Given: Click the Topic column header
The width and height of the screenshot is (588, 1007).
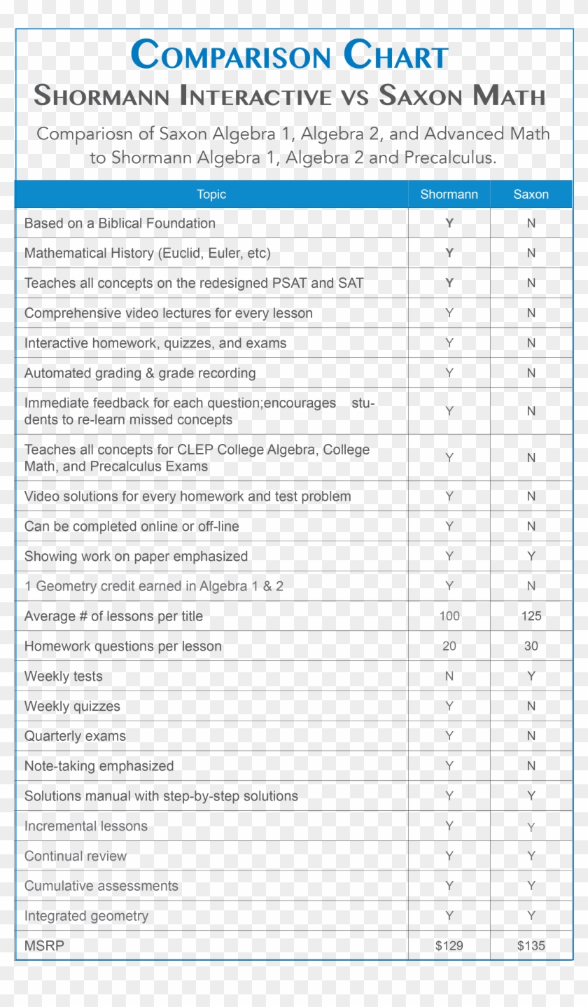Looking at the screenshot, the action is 211,195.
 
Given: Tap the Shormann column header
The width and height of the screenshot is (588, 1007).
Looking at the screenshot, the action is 449,195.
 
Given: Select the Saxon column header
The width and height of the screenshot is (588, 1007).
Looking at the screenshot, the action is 531,195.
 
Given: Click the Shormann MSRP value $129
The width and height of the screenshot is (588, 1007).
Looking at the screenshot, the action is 449,945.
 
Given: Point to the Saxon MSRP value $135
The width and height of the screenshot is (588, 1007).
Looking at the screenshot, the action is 531,945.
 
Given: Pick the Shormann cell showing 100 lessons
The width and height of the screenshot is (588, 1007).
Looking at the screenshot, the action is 449,616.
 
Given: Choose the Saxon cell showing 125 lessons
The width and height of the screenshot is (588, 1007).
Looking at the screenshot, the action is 531,616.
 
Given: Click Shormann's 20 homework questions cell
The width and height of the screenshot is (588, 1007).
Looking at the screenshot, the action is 449,646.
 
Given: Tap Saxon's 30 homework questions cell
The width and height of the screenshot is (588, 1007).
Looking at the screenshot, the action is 531,646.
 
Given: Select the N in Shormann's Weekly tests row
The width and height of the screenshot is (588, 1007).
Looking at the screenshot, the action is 449,676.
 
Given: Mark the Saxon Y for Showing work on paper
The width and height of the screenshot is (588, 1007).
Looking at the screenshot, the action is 531,556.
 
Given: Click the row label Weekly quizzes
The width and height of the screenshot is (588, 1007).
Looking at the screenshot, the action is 72,707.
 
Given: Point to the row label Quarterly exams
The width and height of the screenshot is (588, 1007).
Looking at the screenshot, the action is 75,736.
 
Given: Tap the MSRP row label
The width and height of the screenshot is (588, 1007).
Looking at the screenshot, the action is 44,946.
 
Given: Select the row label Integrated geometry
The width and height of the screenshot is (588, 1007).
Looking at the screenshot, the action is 86,916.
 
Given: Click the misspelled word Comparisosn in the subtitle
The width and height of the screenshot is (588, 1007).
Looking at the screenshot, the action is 94,134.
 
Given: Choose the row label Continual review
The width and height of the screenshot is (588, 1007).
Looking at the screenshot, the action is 76,856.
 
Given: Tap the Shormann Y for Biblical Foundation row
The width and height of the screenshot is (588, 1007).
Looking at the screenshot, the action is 449,223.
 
